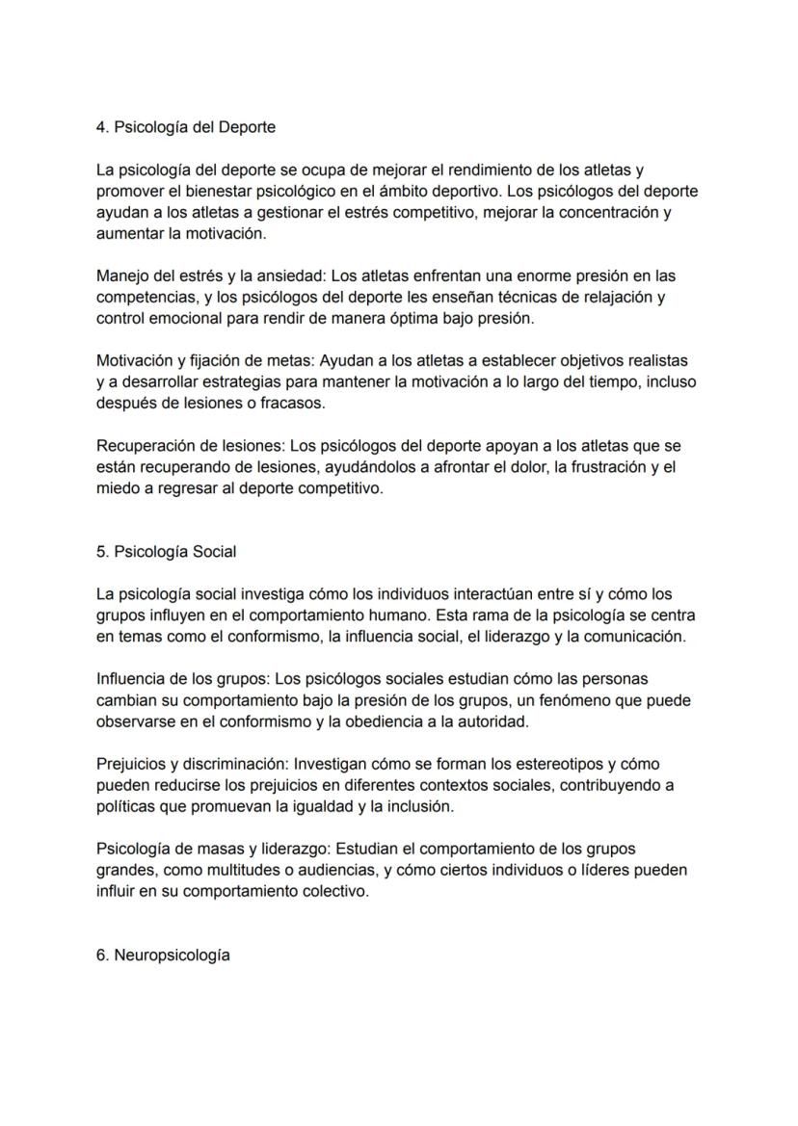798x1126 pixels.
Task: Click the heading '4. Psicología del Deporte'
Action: pos(186,127)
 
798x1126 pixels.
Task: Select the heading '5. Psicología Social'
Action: pos(166,552)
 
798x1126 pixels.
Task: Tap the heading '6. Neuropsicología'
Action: pos(163,956)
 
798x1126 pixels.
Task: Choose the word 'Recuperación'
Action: pos(145,446)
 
